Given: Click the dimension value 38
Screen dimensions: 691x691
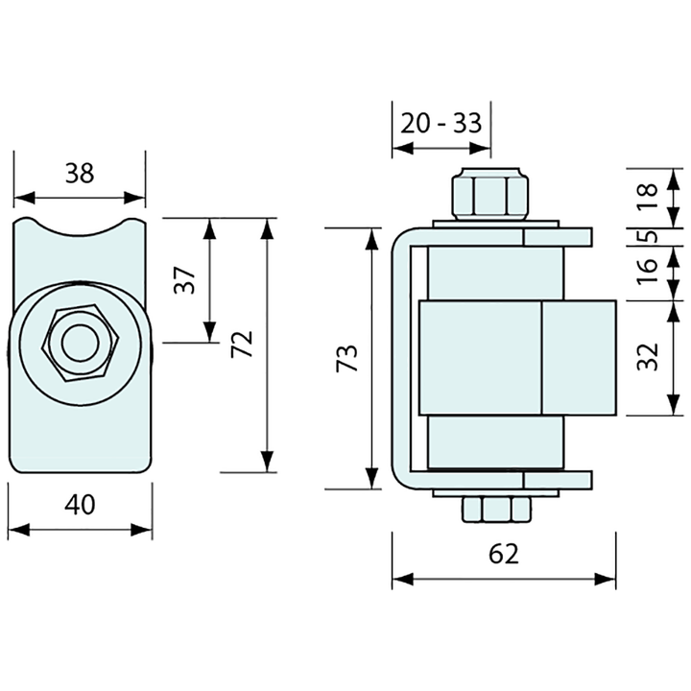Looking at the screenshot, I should pyautogui.click(x=80, y=174).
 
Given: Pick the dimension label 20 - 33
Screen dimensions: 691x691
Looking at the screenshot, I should pyautogui.click(x=441, y=124).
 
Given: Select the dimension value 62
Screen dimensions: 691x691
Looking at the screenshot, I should pyautogui.click(x=503, y=554).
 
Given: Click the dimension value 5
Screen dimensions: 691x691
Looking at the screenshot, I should pyautogui.click(x=650, y=236).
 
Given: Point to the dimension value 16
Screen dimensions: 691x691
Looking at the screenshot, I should pyautogui.click(x=650, y=273).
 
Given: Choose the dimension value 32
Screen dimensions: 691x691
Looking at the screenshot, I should pyautogui.click(x=650, y=357).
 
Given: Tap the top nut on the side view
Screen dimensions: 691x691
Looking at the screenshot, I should pyautogui.click(x=489, y=194).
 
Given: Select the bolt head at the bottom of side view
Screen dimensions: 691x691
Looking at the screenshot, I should pyautogui.click(x=495, y=509).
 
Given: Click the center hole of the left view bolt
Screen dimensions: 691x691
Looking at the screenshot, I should pyautogui.click(x=80, y=344).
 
